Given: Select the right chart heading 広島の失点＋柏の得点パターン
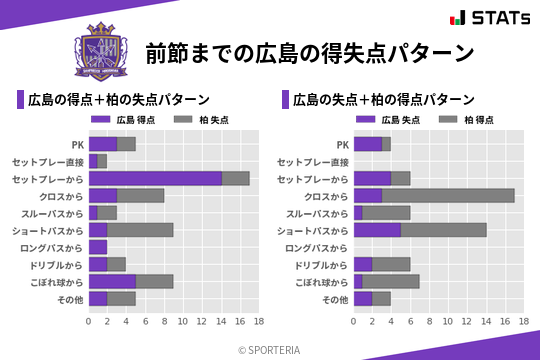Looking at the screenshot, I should point(384,99).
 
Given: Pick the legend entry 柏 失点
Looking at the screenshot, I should point(206,120).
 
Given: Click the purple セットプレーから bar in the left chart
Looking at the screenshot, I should point(155,178).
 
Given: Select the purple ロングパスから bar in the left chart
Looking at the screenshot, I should point(98,247).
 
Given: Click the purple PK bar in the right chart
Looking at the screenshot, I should point(367,144).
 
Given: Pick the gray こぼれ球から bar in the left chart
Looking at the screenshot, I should point(155,282).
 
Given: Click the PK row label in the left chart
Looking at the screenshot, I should point(77,144).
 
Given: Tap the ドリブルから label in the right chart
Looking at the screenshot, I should point(322,265).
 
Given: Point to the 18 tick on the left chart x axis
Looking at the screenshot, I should point(258,322).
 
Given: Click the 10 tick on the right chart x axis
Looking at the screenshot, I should point(448,322).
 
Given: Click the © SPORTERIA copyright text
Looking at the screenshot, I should point(270,349).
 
